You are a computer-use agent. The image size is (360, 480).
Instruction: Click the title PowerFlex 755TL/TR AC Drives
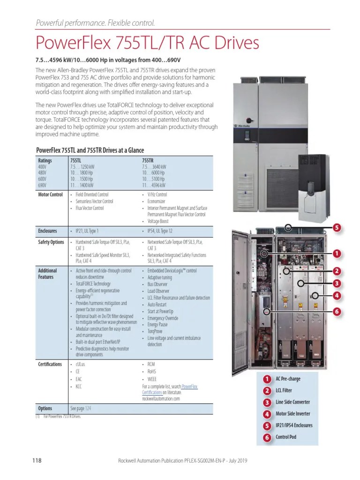point(147,43)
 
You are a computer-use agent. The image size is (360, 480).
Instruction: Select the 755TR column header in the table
point(148,160)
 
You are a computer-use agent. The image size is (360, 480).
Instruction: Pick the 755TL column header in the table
point(76,160)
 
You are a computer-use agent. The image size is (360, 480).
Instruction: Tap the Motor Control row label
point(50,195)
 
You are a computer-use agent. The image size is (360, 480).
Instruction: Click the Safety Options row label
point(51,242)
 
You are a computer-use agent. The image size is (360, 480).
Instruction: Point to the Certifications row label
point(50,364)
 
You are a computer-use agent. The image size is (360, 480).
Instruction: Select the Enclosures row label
point(47,231)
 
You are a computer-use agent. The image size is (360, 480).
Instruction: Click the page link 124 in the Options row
point(88,408)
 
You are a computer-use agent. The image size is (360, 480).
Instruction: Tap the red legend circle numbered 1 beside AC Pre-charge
point(267,379)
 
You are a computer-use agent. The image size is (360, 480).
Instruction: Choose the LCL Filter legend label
point(287,391)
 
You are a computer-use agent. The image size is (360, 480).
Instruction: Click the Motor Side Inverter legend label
point(293,414)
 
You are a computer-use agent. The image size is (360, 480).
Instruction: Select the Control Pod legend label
point(286,437)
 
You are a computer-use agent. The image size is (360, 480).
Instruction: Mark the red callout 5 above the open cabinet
point(336,228)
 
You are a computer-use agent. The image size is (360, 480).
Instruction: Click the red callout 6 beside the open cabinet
point(336,311)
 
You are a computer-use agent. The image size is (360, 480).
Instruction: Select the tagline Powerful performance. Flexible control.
point(95,23)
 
